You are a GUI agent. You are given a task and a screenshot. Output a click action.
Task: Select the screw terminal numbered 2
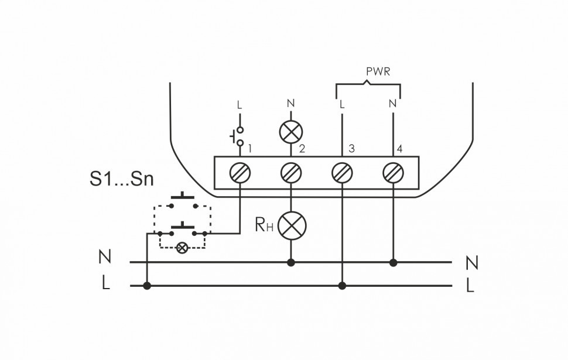[x=290, y=173]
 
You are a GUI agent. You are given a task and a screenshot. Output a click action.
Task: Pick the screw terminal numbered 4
[x=392, y=173]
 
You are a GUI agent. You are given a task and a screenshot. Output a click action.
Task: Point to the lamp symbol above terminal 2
[x=290, y=132]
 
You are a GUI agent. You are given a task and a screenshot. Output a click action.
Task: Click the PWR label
[x=378, y=72]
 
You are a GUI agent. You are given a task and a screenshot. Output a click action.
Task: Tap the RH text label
[x=264, y=225]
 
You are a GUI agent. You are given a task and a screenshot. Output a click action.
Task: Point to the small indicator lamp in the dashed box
[x=182, y=248]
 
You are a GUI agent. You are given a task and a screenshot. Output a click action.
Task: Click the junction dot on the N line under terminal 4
[x=393, y=263]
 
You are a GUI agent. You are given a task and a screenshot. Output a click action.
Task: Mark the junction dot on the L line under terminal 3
[x=342, y=286]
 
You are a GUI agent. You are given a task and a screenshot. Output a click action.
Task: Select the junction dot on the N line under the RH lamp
[x=290, y=263]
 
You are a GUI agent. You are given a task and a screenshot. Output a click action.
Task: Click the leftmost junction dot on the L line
[x=147, y=286]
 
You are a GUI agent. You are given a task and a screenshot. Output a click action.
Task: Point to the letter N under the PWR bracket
[x=392, y=105]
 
